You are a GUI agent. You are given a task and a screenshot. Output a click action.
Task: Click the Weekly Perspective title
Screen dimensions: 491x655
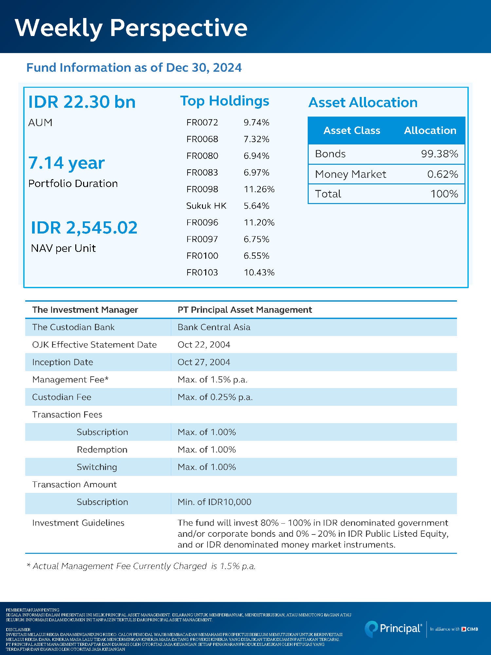click(x=131, y=28)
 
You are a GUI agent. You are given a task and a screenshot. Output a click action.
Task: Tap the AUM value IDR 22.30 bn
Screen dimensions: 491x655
click(x=82, y=102)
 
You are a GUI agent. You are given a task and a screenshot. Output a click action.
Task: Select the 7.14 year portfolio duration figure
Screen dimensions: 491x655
click(x=66, y=163)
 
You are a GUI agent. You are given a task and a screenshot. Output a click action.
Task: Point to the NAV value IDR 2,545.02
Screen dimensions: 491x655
click(x=84, y=228)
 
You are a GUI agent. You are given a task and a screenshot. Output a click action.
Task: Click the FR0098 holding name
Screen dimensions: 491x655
click(x=202, y=189)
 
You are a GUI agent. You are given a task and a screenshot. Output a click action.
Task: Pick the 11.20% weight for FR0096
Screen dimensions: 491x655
click(x=259, y=223)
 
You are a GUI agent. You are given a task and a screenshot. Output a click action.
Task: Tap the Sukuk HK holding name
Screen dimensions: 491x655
click(x=206, y=206)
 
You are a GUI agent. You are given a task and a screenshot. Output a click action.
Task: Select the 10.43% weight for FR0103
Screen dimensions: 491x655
click(x=259, y=272)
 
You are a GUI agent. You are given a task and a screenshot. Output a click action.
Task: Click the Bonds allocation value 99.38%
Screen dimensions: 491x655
click(x=439, y=154)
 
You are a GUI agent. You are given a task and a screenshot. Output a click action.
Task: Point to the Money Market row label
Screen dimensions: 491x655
click(x=351, y=174)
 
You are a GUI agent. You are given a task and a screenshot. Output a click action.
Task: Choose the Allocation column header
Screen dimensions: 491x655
click(x=430, y=130)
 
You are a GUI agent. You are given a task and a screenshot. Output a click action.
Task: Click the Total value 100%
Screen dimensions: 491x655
click(x=444, y=194)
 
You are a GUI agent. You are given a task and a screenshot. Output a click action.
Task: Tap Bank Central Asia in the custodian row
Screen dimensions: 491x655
click(x=214, y=327)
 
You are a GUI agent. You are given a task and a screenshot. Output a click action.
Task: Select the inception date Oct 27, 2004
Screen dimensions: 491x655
click(x=204, y=362)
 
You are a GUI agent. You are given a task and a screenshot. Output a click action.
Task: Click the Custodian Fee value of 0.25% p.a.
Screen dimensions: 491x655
click(x=215, y=397)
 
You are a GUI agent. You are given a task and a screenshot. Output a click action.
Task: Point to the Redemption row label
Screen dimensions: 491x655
click(x=102, y=450)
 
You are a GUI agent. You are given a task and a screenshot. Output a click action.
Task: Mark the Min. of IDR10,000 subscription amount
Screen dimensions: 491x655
click(x=214, y=502)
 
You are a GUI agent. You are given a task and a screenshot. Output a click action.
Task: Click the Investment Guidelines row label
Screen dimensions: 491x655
click(x=78, y=523)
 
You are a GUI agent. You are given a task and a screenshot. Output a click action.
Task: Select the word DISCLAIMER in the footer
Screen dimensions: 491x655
click(x=18, y=629)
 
